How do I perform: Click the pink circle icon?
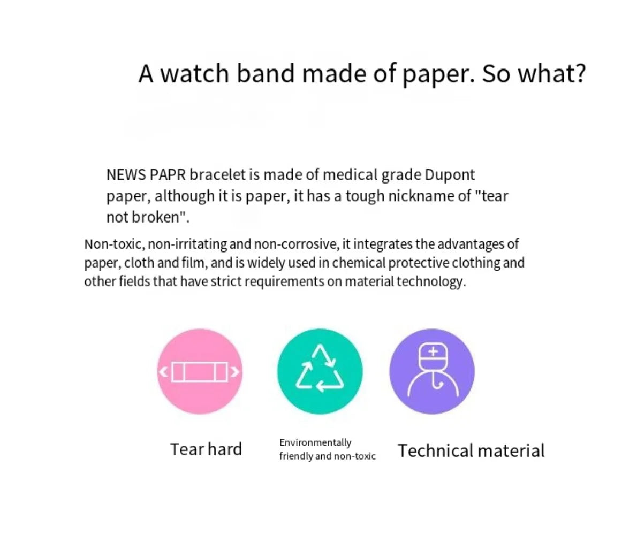[x=200, y=371]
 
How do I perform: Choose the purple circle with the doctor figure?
[x=431, y=371]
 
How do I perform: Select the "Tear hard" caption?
[x=206, y=449]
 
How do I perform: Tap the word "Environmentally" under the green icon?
[x=315, y=442]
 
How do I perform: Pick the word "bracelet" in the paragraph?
[x=217, y=175]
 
